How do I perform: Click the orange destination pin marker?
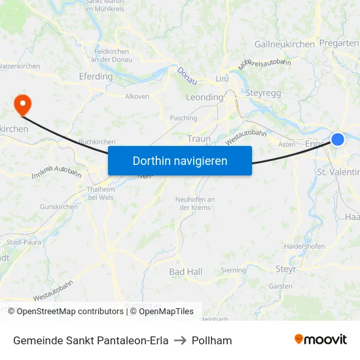click(x=22, y=104)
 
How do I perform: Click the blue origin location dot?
click(x=337, y=139)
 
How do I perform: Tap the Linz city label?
click(x=222, y=79)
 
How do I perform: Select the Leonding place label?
click(x=204, y=97)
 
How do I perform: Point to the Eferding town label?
click(x=96, y=77)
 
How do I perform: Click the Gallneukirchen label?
click(x=284, y=44)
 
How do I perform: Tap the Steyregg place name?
click(x=263, y=93)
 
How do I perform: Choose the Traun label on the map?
click(x=198, y=139)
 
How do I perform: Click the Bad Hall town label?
click(x=185, y=272)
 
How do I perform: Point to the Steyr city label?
click(x=285, y=268)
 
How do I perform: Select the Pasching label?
click(x=183, y=118)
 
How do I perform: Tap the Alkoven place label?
click(x=137, y=96)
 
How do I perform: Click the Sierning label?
click(x=234, y=270)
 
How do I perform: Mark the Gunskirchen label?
click(x=58, y=207)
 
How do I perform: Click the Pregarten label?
click(x=339, y=43)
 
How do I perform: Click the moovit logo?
click(x=320, y=339)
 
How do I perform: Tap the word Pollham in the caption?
click(x=211, y=340)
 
